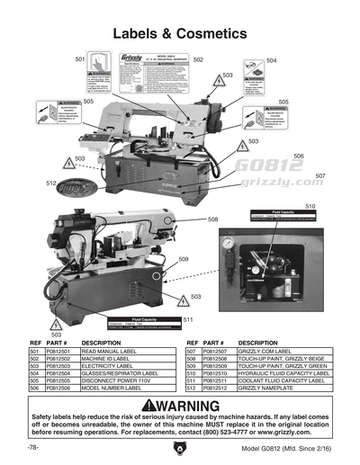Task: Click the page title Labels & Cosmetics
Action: click(179, 33)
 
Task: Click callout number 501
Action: click(80, 59)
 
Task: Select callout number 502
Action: click(198, 59)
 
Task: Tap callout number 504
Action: click(272, 61)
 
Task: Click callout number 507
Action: click(320, 176)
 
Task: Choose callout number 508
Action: click(213, 219)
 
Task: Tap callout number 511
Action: click(188, 320)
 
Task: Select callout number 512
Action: click(51, 183)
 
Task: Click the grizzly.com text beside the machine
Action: click(278, 182)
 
